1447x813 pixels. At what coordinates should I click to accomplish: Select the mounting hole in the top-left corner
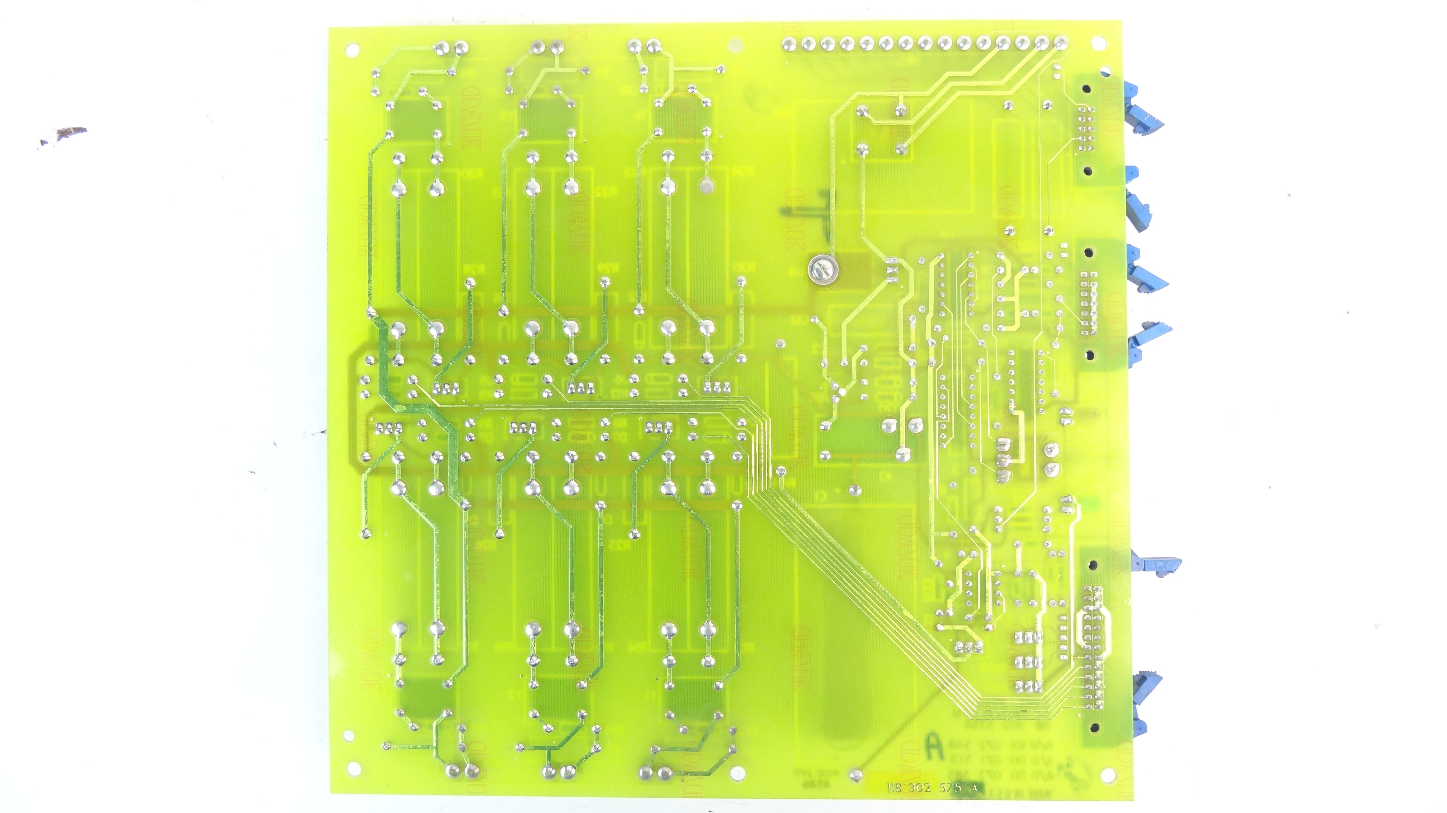(x=352, y=50)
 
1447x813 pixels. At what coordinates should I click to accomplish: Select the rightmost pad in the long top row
(x=1060, y=42)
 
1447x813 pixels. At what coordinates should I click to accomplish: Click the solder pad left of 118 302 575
(x=856, y=775)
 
